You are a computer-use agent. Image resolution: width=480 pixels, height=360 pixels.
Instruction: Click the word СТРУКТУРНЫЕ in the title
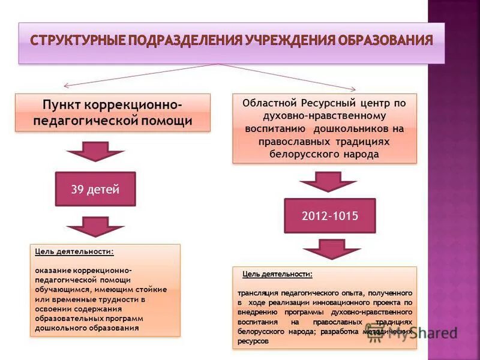click(77, 41)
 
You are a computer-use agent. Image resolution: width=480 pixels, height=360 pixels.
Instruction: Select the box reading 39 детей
click(95, 190)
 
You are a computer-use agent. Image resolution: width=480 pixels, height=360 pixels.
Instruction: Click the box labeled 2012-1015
click(329, 215)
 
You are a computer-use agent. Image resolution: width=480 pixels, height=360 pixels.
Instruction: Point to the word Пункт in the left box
click(62, 104)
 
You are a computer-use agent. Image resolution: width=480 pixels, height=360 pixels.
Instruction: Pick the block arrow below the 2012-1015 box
click(324, 249)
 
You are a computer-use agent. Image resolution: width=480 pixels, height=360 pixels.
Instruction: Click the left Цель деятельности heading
click(74, 252)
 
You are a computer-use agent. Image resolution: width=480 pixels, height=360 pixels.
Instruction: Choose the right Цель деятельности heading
click(277, 274)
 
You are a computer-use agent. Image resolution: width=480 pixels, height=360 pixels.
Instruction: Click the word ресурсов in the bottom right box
click(253, 341)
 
